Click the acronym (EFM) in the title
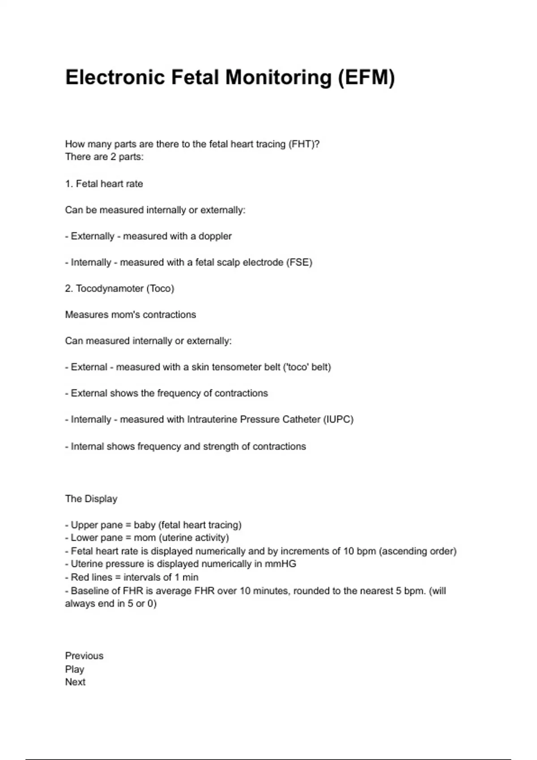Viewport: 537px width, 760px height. click(366, 77)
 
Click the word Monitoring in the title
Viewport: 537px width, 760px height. click(278, 77)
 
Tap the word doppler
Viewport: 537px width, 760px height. click(215, 236)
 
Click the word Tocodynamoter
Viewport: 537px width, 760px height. click(110, 288)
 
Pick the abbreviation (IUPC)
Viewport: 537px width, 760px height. click(338, 419)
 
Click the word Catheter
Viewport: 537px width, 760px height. click(300, 419)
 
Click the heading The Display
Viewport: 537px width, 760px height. click(91, 498)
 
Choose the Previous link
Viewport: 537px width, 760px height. click(84, 656)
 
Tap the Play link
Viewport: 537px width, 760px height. click(75, 669)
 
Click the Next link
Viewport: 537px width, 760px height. click(75, 682)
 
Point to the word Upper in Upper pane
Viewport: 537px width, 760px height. click(84, 525)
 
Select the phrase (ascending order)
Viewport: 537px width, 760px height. click(418, 551)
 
